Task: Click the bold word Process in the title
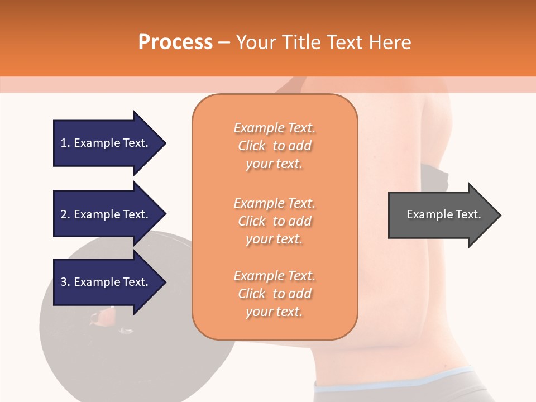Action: [175, 42]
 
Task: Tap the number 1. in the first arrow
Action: [65, 143]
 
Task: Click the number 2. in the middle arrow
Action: [65, 214]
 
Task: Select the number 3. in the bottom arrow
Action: [65, 282]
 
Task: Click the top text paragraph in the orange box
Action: [274, 146]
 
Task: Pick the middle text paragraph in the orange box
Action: [274, 221]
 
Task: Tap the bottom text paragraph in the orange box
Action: [274, 294]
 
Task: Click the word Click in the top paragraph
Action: [252, 146]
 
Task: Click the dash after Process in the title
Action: [224, 43]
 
